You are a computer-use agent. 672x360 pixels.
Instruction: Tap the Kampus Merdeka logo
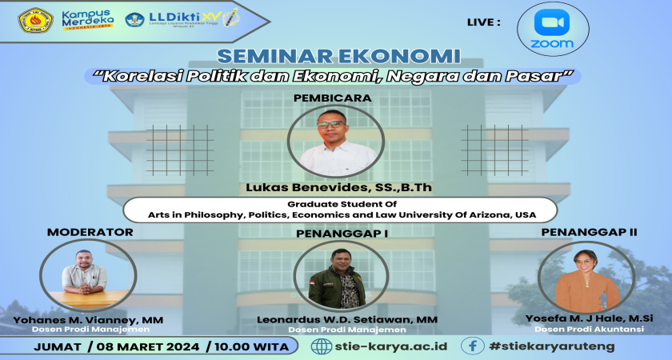(87, 19)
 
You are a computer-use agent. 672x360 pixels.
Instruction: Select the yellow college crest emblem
(35, 20)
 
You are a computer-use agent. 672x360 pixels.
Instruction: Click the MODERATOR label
(90, 233)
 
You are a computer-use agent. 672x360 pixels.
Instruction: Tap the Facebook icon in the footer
(473, 346)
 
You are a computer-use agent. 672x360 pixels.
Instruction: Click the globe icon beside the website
(321, 346)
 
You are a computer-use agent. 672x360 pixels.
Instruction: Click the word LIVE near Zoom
(483, 22)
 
